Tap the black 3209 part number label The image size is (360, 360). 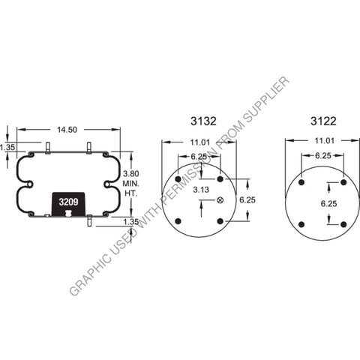click(x=67, y=202)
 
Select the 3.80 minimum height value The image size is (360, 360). click(x=131, y=173)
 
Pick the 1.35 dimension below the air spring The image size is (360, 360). click(x=131, y=222)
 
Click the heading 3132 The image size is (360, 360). click(x=199, y=121)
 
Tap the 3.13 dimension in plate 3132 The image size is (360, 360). click(x=199, y=190)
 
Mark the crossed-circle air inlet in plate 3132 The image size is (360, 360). click(x=220, y=199)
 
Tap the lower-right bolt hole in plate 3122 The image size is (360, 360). click(x=343, y=224)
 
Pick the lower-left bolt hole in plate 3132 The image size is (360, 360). click(x=178, y=220)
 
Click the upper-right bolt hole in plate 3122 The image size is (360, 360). click(x=343, y=182)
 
